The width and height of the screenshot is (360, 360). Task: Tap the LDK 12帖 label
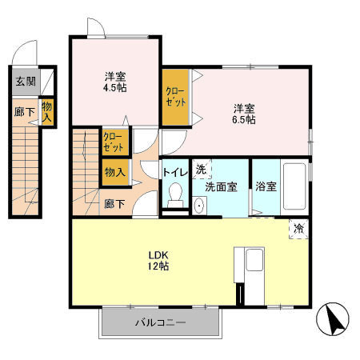pyautogui.click(x=158, y=261)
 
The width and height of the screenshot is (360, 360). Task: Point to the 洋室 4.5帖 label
pyautogui.click(x=115, y=82)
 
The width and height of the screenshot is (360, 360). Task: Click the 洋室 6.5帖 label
pyautogui.click(x=244, y=113)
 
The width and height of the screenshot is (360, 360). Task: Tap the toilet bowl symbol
pyautogui.click(x=175, y=195)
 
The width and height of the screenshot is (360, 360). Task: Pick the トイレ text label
pyautogui.click(x=174, y=172)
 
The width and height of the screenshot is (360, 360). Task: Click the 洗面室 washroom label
pyautogui.click(x=220, y=186)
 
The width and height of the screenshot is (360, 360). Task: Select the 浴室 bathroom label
pyautogui.click(x=266, y=186)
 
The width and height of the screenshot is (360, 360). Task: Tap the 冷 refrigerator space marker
pyautogui.click(x=298, y=228)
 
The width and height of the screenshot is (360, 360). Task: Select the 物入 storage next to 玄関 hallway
pyautogui.click(x=47, y=110)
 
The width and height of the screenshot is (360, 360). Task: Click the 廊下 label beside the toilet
pyautogui.click(x=114, y=203)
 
